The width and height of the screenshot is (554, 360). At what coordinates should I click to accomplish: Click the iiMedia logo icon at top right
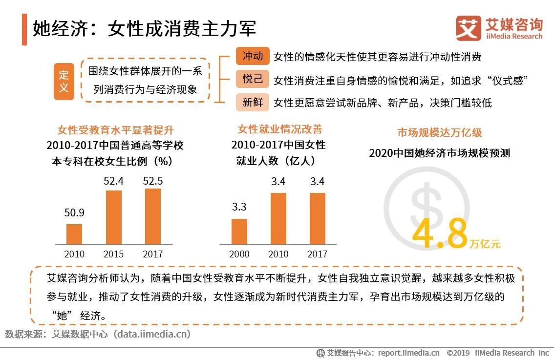coord(468,28)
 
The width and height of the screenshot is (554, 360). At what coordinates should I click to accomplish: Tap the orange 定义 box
coord(64,81)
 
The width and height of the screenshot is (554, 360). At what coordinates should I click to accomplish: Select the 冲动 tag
coord(253,56)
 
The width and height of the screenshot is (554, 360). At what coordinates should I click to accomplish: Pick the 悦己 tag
coord(253,79)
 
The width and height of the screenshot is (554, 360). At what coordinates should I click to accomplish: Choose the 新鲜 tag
coord(253,102)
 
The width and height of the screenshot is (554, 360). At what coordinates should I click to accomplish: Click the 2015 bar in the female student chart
coord(113,217)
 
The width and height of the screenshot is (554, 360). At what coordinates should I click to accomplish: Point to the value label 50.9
coord(74,213)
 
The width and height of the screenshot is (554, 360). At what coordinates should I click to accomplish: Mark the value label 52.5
coord(152,181)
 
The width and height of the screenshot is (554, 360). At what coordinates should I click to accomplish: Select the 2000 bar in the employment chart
coord(239,231)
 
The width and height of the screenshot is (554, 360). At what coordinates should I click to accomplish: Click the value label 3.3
coord(239,207)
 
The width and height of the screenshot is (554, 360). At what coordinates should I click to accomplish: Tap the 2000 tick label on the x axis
coord(239,254)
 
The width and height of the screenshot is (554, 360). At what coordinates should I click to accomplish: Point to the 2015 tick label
coord(113,254)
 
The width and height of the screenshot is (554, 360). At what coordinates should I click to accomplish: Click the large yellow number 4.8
coord(440,233)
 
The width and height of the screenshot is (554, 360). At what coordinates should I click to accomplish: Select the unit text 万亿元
coord(485,244)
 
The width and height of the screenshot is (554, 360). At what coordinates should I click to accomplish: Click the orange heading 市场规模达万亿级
coord(439,132)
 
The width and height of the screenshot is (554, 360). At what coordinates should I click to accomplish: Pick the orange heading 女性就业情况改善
coord(280,129)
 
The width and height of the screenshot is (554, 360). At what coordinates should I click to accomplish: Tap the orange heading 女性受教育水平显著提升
coord(115,130)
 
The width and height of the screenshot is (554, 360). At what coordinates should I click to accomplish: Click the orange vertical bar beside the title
coord(24,29)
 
